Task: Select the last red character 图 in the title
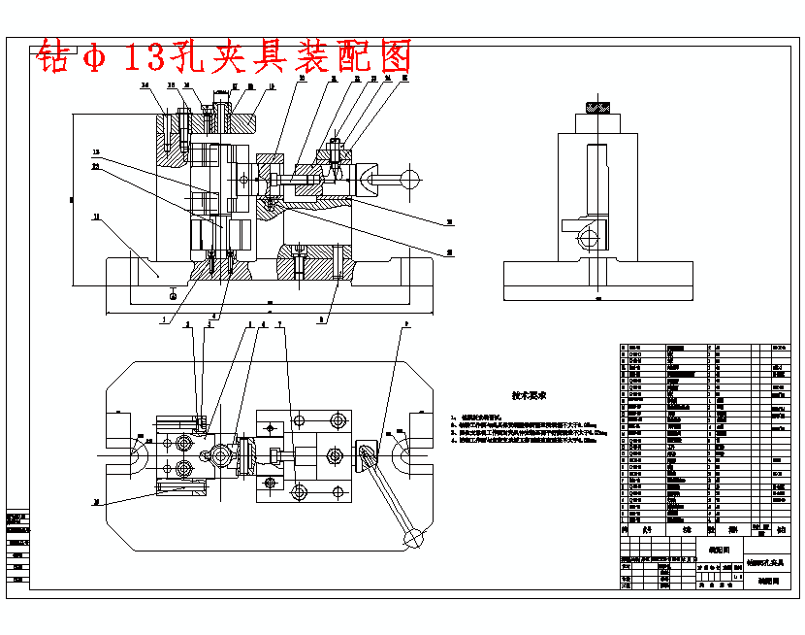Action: point(393,57)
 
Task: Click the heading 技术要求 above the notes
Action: point(530,396)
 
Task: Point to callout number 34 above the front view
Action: point(145,86)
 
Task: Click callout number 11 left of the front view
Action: point(96,217)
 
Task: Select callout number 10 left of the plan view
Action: point(96,502)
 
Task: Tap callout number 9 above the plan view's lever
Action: point(405,325)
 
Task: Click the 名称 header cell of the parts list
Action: point(685,530)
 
